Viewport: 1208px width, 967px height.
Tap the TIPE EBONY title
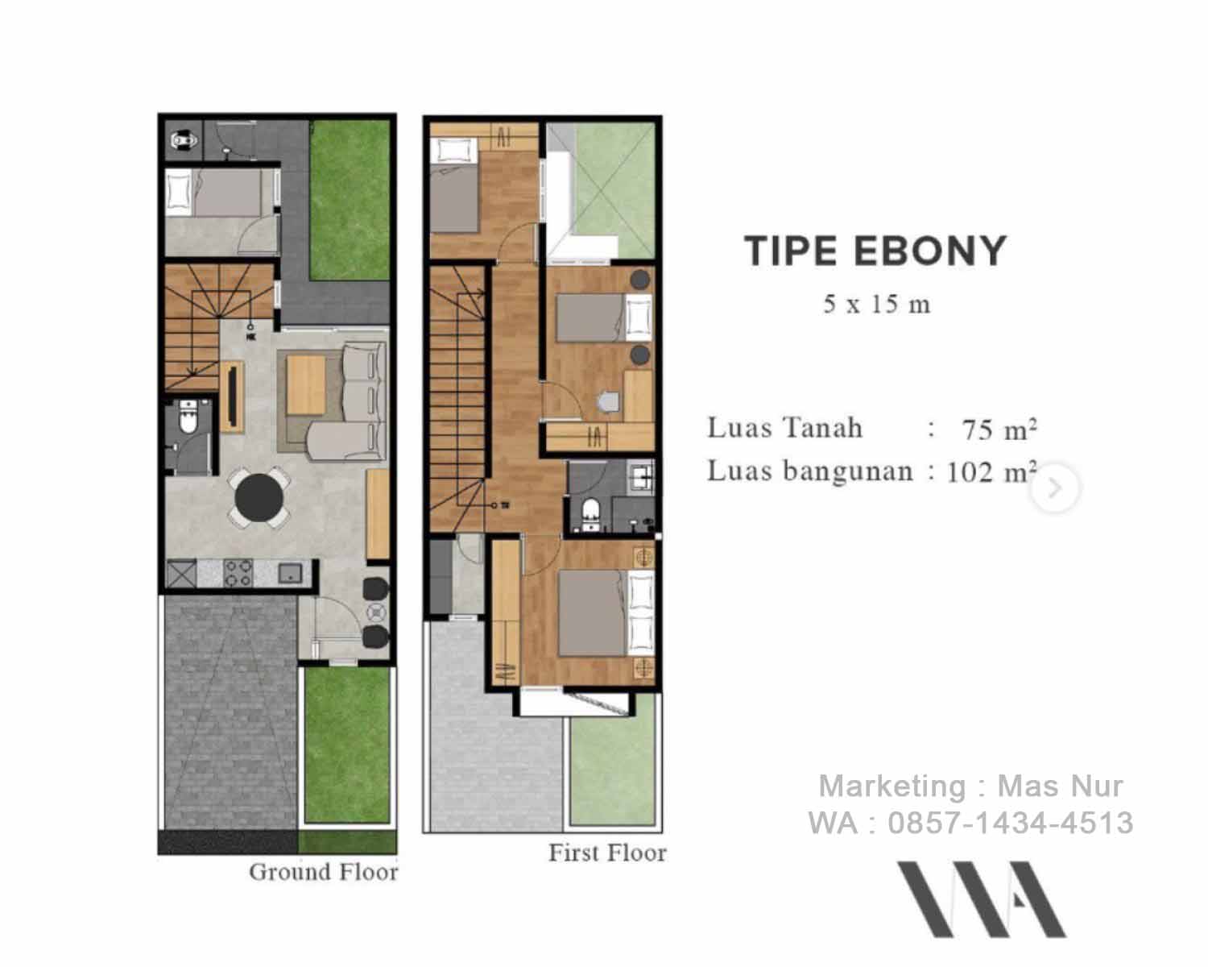875,251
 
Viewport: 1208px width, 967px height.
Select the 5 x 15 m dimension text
876,305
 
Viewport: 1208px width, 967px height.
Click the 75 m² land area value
999,430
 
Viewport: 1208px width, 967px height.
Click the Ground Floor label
323,872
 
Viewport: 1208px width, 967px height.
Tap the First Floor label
607,853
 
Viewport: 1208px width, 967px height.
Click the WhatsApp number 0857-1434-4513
1011,823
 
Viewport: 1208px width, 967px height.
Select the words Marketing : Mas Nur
970,786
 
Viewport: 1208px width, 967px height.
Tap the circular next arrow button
1055,488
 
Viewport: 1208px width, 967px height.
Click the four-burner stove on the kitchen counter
238,573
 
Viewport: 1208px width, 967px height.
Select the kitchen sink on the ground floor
290,573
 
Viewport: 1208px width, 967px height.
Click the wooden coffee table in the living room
306,384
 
